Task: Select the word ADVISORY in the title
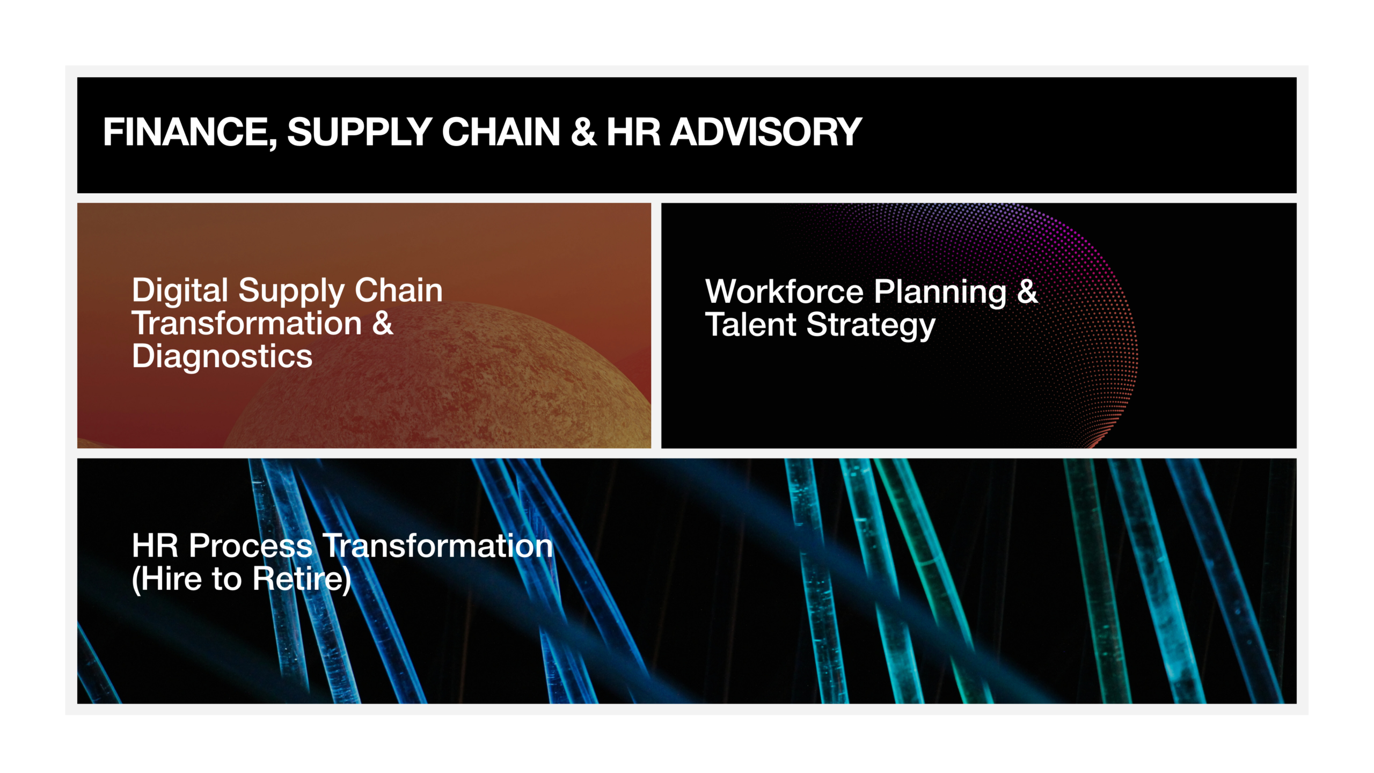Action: pos(766,132)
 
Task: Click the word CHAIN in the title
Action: pos(501,132)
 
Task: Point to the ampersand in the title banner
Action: pos(583,132)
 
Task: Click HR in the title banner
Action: pos(633,132)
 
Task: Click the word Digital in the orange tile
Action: pos(180,291)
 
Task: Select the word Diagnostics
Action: pos(222,356)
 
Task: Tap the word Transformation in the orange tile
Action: pos(247,324)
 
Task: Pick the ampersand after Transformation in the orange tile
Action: pos(383,324)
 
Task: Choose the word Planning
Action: pos(940,293)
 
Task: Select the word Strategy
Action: pos(871,326)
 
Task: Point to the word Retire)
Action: pos(302,580)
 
